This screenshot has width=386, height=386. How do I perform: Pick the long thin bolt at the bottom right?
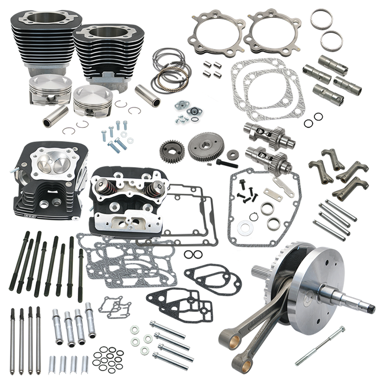click(320, 345)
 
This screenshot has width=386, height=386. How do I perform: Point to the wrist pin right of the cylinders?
click(148, 95)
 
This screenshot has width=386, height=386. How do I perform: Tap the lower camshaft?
click(265, 157)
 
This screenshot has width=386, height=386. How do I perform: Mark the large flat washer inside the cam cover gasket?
click(244, 228)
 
